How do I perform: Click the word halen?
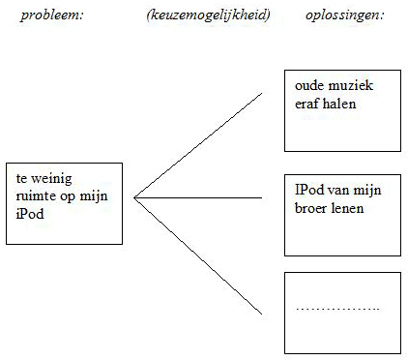(x=340, y=104)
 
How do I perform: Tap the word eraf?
(x=308, y=104)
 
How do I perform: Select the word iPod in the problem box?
(x=30, y=214)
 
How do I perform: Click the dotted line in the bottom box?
(x=337, y=309)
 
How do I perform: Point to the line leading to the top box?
(x=198, y=145)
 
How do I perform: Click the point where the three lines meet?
(x=134, y=197)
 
